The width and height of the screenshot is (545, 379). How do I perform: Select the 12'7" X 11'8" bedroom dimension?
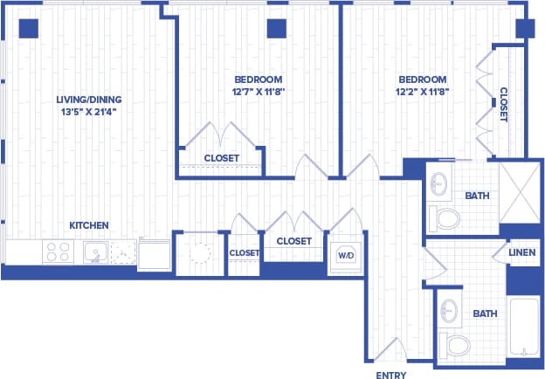259,90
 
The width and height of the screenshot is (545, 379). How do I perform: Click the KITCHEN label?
89,225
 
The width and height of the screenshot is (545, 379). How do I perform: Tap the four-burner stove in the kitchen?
58,252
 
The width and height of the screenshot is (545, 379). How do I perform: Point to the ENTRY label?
390,376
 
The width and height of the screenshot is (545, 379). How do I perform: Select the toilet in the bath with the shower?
448,217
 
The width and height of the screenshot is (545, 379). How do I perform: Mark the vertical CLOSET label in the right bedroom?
504,103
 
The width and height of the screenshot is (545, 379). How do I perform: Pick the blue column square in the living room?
29,28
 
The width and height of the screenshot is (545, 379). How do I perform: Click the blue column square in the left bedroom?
277,28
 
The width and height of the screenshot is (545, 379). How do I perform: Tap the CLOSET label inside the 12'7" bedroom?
221,158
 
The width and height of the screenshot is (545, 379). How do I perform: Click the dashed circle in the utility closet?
200,253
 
